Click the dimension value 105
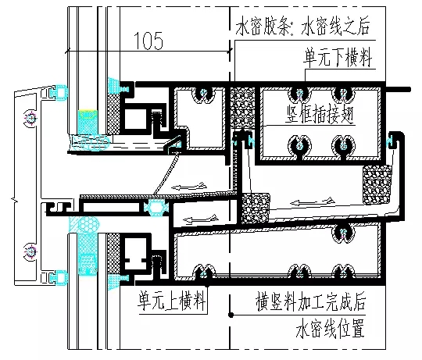click(x=148, y=41)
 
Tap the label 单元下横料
click(x=338, y=58)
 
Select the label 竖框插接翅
click(x=319, y=114)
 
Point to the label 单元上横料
click(x=172, y=301)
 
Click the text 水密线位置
click(x=331, y=328)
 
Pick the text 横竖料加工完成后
click(x=311, y=301)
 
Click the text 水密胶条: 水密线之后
click(x=302, y=26)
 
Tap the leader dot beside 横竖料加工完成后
click(x=231, y=315)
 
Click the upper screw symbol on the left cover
click(x=30, y=118)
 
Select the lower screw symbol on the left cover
click(x=30, y=252)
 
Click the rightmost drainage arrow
click(x=313, y=201)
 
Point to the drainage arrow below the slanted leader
click(x=190, y=186)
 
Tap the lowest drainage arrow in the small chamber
click(x=200, y=219)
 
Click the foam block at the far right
click(x=377, y=185)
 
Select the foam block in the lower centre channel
click(x=255, y=208)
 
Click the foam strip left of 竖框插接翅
click(x=243, y=107)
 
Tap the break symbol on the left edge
click(x=14, y=200)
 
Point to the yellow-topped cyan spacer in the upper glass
click(x=88, y=123)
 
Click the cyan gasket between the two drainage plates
click(x=156, y=208)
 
